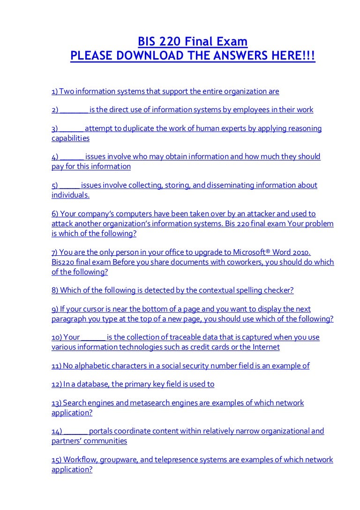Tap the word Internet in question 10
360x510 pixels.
point(265,347)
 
